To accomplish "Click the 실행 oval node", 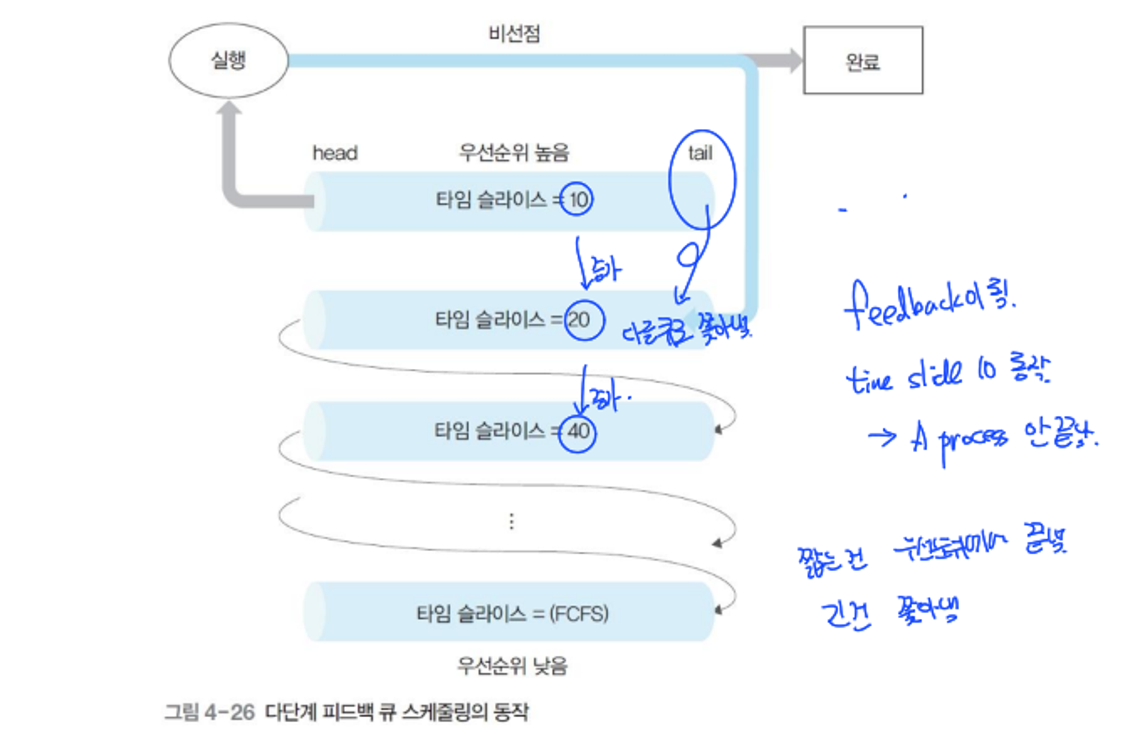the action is coord(228,60).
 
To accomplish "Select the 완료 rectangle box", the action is coord(862,60).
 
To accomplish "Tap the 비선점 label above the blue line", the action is coord(514,34).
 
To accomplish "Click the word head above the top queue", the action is coord(335,153).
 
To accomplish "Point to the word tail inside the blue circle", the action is coord(700,153).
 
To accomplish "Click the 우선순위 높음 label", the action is coord(514,153).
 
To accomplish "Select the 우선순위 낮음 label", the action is coord(512,666).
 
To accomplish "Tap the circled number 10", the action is coord(577,200).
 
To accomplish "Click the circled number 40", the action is coord(578,431).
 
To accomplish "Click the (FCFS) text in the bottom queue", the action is coord(579,614).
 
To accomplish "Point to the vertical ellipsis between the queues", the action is coord(511,521).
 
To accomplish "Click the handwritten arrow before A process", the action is coord(882,437).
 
